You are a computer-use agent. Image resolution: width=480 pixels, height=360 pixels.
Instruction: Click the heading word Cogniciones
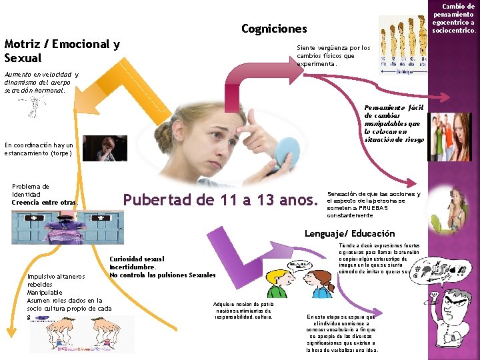point(274,29)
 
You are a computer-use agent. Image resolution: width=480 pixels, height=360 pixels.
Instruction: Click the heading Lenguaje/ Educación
point(349,233)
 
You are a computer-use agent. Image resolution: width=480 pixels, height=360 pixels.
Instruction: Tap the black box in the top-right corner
point(455,18)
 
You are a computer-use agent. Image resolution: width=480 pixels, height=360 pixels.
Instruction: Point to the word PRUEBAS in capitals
point(363,208)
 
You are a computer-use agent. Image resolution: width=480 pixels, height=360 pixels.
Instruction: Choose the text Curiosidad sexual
point(137,259)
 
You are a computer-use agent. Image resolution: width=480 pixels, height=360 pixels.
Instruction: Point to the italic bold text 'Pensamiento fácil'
point(393,107)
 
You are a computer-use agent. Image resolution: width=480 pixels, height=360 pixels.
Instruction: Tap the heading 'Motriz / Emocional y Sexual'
point(62,51)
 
